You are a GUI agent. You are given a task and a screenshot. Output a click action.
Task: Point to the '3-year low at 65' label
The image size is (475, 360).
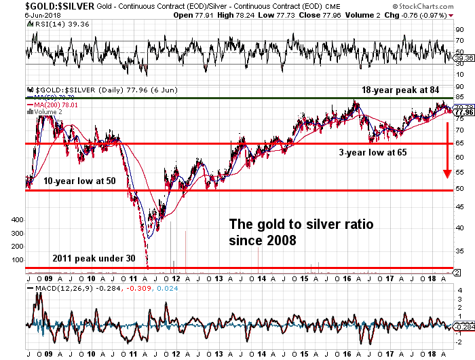coord(373,153)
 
